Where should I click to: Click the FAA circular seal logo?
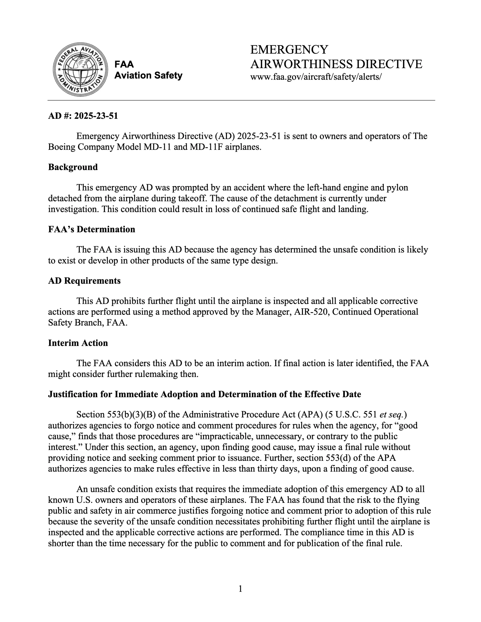point(80,69)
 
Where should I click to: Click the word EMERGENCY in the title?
point(289,50)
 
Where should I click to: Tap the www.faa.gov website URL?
point(315,77)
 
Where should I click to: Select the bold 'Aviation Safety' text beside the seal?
point(148,76)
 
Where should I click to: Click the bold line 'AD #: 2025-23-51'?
point(83,116)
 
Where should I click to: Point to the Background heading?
point(73,167)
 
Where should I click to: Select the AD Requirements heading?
point(84,280)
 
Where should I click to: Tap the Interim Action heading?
point(78,343)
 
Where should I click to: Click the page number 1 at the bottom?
point(240,588)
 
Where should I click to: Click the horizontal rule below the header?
point(241,100)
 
